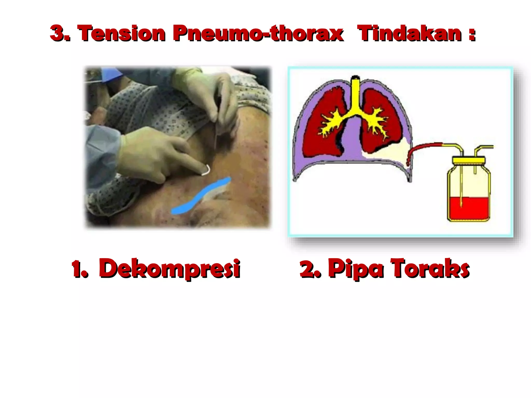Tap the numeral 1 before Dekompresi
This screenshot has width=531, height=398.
click(x=78, y=269)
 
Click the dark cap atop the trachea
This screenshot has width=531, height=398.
click(x=355, y=77)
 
